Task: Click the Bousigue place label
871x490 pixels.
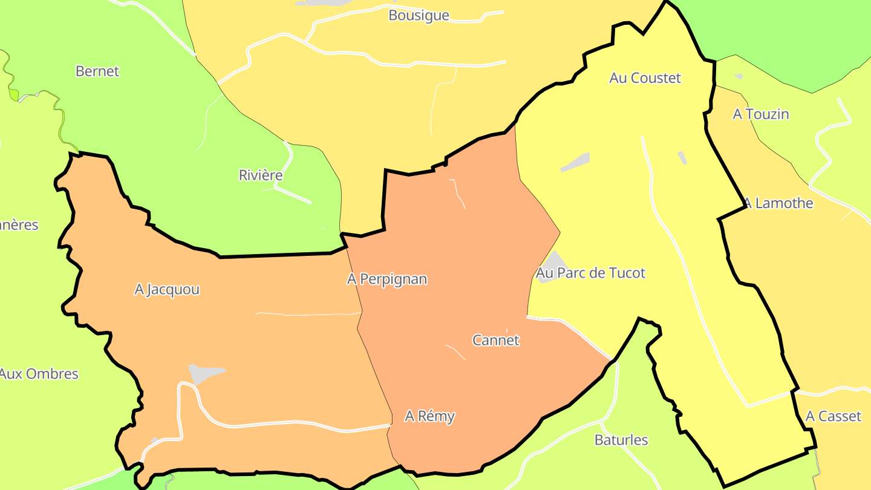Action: tap(419, 16)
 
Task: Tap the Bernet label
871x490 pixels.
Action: tap(97, 71)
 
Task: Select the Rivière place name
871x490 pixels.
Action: tap(261, 175)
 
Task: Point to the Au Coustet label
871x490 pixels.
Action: tap(645, 78)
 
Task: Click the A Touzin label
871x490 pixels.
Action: tap(761, 114)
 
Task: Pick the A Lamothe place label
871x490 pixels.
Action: tap(780, 203)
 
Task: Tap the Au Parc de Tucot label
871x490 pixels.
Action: tap(591, 273)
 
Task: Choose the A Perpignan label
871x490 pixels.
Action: tap(387, 279)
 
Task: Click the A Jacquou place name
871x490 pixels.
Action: tap(167, 290)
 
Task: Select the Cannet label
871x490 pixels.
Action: tap(495, 341)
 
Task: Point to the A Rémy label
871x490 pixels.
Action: tap(429, 416)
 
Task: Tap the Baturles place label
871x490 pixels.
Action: tap(621, 440)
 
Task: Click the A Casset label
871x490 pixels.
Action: tap(833, 416)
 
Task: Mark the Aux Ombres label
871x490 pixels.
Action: tap(39, 374)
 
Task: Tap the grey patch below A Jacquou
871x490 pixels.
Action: tap(204, 373)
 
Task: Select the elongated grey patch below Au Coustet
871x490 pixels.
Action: tap(575, 162)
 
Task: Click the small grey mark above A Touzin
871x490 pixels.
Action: tap(739, 77)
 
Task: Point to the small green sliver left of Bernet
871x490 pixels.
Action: tap(13, 94)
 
